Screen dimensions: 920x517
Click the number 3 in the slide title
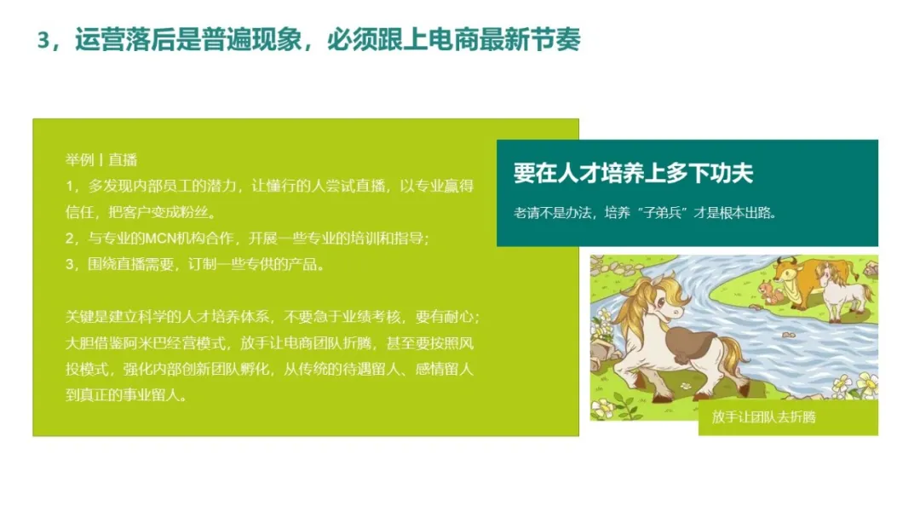[43, 41]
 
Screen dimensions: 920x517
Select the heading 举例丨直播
[101, 159]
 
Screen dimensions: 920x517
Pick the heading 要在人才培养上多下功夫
[633, 173]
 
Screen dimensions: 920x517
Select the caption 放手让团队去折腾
[764, 417]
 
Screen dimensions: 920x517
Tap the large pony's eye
[661, 303]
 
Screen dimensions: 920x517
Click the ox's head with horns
[786, 270]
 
